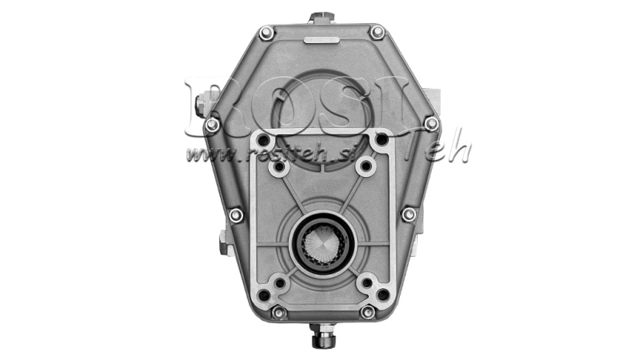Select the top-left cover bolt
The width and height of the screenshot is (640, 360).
click(266, 32)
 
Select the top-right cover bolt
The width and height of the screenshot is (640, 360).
click(377, 32)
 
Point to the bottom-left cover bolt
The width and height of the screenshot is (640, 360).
click(278, 313)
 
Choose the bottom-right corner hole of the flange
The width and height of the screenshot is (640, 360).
click(383, 295)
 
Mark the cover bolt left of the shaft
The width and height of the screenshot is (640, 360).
click(235, 214)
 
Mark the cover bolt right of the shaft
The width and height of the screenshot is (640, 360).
click(408, 214)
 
